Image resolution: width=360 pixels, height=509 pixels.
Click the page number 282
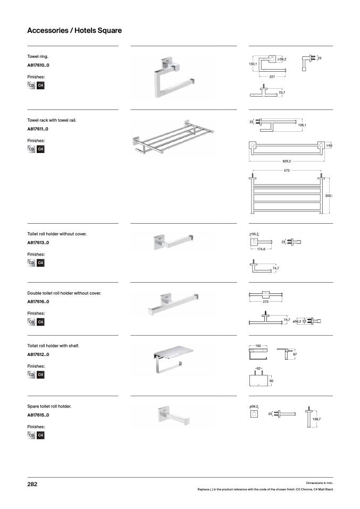pos(32,485)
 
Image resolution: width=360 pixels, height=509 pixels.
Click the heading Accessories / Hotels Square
pos(74,30)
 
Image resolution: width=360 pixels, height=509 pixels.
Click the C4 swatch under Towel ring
pos(40,86)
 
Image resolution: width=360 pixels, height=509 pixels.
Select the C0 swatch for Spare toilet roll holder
pos(31,436)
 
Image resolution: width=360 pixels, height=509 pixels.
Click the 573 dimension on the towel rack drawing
pos(287,171)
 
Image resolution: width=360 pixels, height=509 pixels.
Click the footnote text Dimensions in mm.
pos(320,482)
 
